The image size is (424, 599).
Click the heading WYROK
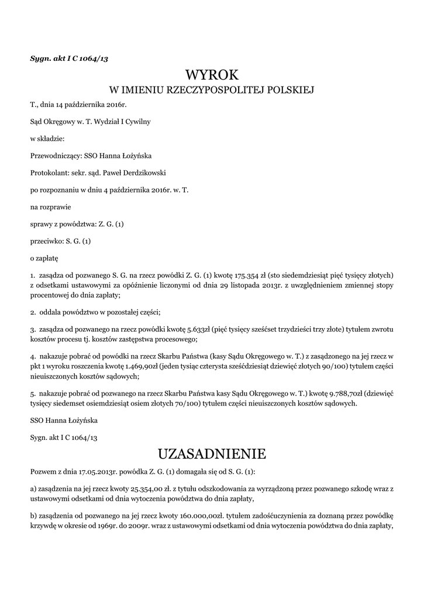[212, 75]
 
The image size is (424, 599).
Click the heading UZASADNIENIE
[212, 454]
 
